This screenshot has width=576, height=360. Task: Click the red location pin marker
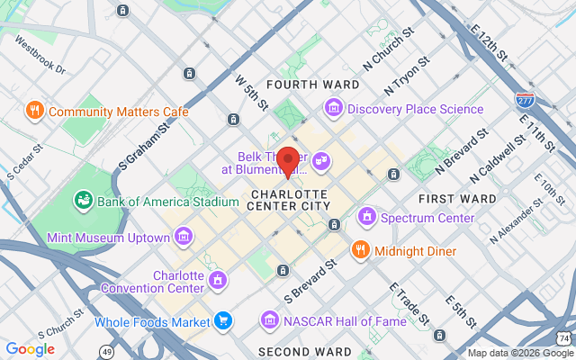[289, 160]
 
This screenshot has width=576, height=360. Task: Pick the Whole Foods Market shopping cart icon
[222, 320]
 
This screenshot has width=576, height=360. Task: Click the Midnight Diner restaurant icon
[361, 250]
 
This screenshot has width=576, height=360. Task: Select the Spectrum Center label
[427, 218]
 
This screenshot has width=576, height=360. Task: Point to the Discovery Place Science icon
[334, 109]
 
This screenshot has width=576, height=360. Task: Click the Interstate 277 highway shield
[526, 98]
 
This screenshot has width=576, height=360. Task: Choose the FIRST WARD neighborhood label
[457, 198]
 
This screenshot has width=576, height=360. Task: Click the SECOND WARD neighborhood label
[299, 351]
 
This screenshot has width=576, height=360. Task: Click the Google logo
[31, 349]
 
